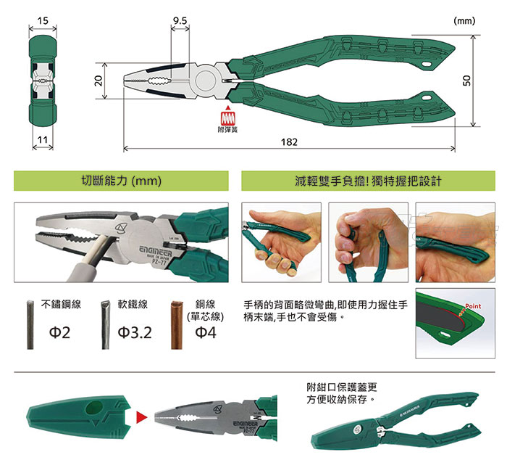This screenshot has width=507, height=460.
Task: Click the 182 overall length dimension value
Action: click(x=289, y=141)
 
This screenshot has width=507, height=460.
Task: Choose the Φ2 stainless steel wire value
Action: click(x=59, y=333)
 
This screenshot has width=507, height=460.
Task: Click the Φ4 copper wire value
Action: click(x=206, y=333)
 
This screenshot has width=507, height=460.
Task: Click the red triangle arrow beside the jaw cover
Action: click(x=141, y=418)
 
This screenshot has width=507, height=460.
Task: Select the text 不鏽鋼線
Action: click(x=60, y=305)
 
